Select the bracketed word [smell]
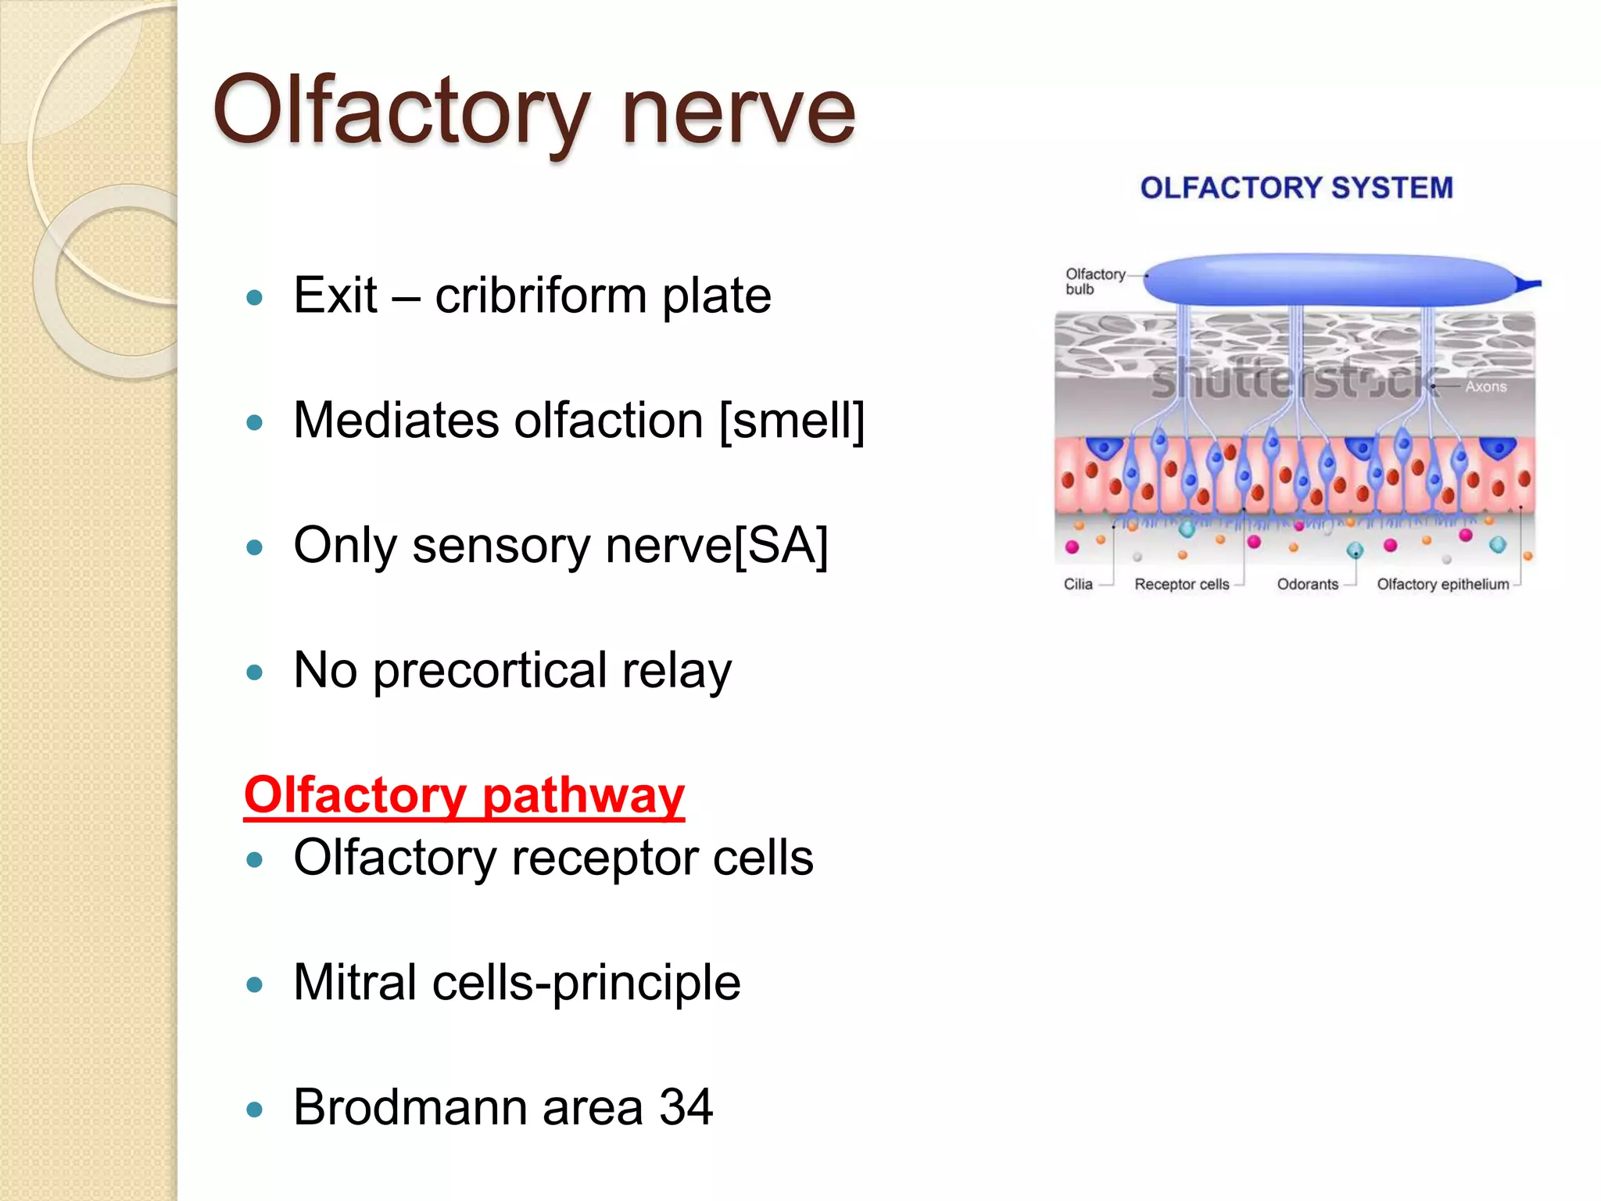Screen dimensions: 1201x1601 (x=791, y=421)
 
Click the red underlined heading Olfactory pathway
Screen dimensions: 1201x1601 (x=464, y=795)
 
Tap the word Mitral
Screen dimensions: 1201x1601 (x=355, y=982)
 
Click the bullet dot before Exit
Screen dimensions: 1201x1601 (x=254, y=298)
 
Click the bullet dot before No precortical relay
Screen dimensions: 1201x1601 (x=254, y=672)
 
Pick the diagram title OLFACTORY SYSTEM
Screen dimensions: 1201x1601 (x=1296, y=188)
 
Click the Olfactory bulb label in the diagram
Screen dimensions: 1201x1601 (x=1094, y=281)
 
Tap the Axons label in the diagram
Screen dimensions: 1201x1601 (x=1485, y=386)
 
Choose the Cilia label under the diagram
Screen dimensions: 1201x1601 (x=1078, y=584)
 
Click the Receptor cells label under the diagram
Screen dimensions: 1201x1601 (x=1181, y=584)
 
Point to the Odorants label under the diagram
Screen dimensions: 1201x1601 (x=1307, y=584)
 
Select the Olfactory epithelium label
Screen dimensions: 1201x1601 (x=1442, y=584)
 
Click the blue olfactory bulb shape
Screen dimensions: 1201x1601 (x=1329, y=280)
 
